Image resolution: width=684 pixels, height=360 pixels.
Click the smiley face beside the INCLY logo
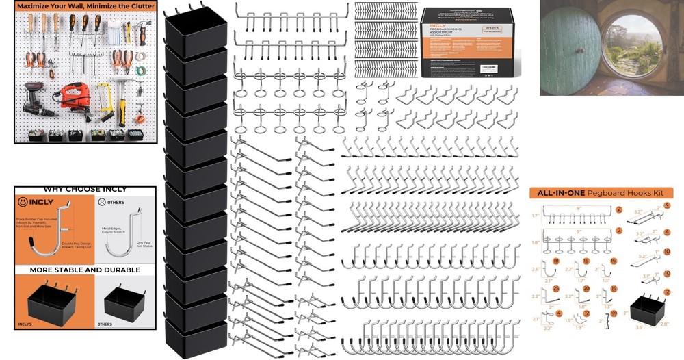(x=23, y=203)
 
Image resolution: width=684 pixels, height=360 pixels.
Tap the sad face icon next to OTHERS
(x=102, y=203)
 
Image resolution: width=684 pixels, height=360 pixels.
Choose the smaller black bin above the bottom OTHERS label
(x=122, y=302)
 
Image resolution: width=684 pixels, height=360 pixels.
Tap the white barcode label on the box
(x=491, y=68)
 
